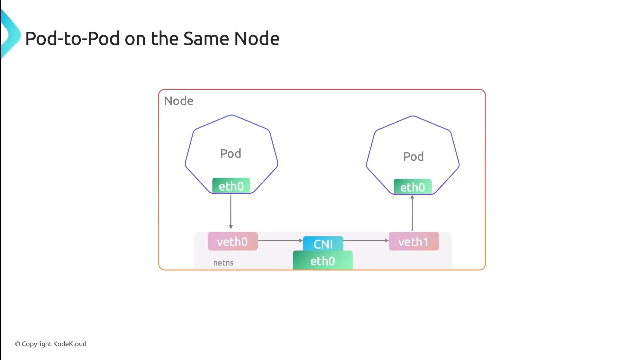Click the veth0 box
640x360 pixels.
pos(232,241)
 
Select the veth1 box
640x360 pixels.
pos(414,241)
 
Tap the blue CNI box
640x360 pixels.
pos(323,243)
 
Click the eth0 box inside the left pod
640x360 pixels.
pos(231,186)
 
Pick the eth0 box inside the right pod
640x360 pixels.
pos(412,187)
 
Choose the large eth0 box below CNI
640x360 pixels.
pos(322,261)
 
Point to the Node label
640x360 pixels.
pos(179,101)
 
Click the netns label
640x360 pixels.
pos(223,263)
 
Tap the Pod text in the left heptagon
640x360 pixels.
pos(231,154)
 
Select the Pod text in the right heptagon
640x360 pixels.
pos(413,157)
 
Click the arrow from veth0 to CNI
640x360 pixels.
pos(280,240)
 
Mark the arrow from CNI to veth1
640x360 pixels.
pos(366,240)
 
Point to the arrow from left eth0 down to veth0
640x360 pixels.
pos(231,212)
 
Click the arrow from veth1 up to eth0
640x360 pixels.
pos(412,213)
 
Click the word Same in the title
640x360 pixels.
pos(206,39)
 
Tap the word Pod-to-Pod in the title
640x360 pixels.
pos(72,39)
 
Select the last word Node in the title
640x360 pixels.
pos(257,39)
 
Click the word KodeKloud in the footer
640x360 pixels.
pos(70,344)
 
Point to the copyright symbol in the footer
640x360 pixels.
pos(18,344)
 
